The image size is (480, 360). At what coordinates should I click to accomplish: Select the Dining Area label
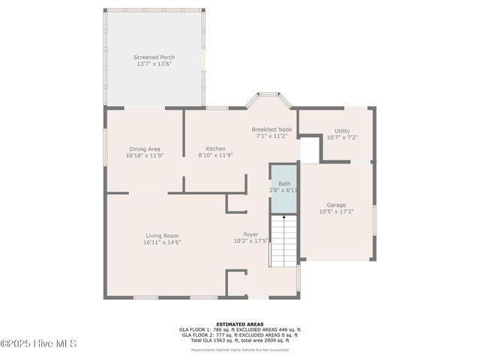(144, 148)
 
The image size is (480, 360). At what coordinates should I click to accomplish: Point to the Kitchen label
(216, 148)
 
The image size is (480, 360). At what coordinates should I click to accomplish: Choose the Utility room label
(342, 130)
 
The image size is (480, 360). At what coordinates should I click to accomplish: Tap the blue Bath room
(284, 188)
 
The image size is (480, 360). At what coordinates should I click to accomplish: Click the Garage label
(336, 205)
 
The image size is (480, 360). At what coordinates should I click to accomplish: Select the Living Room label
(162, 235)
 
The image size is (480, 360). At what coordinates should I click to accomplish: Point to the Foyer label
(251, 234)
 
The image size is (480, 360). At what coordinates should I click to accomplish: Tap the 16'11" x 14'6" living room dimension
(162, 242)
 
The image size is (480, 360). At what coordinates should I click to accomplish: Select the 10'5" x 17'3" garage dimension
(336, 211)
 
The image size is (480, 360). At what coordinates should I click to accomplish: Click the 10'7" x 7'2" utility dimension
(342, 137)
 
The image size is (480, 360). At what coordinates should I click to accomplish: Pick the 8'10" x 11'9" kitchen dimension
(216, 155)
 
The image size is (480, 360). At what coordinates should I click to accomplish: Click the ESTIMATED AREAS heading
(239, 324)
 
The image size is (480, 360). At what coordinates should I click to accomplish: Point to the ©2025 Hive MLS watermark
(39, 344)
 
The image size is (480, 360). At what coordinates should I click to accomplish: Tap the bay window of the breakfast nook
(268, 99)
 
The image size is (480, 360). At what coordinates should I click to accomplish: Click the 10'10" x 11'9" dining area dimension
(144, 155)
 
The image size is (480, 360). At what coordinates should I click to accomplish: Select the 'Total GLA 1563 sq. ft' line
(239, 340)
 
